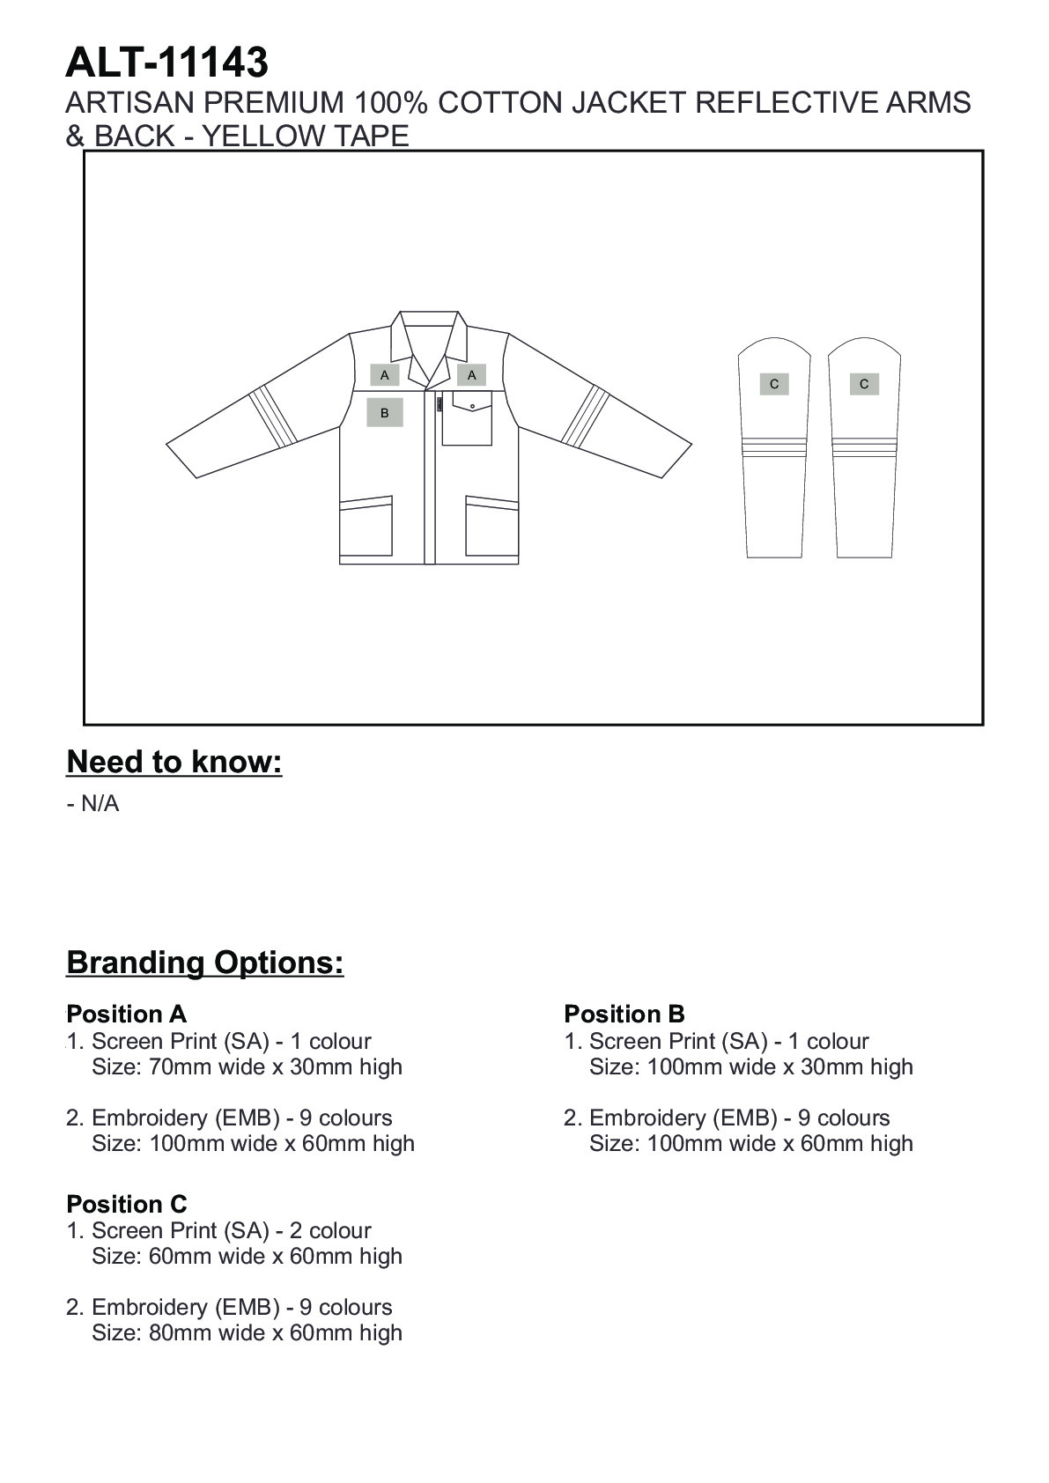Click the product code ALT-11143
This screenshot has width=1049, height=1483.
[166, 63]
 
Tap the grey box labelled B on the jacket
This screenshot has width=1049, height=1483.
[384, 412]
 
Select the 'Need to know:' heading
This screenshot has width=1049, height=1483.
[174, 762]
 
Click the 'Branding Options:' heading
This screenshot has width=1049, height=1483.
[205, 963]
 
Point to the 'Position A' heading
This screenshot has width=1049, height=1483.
[126, 1014]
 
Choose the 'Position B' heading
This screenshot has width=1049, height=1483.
[624, 1014]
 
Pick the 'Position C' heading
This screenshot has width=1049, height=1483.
[126, 1204]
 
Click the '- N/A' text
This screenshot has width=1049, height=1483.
[92, 804]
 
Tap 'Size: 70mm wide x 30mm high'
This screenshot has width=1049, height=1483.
[247, 1067]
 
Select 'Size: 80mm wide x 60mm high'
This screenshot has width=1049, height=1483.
[247, 1333]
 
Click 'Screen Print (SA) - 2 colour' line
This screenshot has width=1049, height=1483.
[231, 1230]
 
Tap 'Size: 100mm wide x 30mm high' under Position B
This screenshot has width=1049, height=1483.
[750, 1067]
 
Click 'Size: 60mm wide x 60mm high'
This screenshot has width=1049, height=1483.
[247, 1257]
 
